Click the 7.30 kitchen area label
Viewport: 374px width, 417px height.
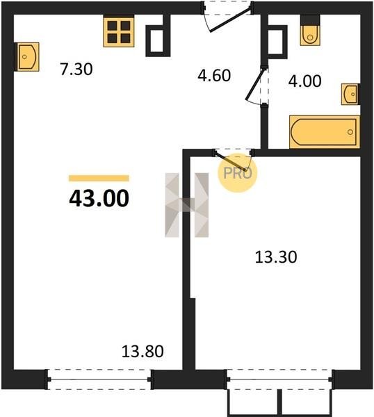pos(76,69)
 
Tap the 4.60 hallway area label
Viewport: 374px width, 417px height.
pos(214,76)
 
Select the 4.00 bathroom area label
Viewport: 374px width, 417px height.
pos(305,81)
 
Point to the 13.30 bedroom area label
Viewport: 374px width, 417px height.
pos(276,257)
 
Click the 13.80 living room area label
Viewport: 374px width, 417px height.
pos(143,351)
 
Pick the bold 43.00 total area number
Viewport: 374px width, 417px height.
pos(99,198)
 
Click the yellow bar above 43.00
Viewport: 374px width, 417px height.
pos(99,178)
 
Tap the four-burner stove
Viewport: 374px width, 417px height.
pos(119,32)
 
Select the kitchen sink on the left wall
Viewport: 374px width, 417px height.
pos(27,57)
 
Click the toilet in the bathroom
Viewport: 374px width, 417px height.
pos(310,34)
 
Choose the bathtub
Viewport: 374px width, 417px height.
pos(325,131)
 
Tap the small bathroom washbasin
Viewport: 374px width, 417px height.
pos(350,94)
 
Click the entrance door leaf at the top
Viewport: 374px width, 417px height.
pos(230,21)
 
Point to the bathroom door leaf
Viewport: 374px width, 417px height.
pos(256,84)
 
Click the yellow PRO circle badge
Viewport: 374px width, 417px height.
pos(238,173)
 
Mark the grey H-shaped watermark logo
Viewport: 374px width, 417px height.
pos(187,205)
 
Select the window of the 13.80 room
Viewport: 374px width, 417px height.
pos(99,379)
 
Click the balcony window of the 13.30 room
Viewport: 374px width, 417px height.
pos(280,379)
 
